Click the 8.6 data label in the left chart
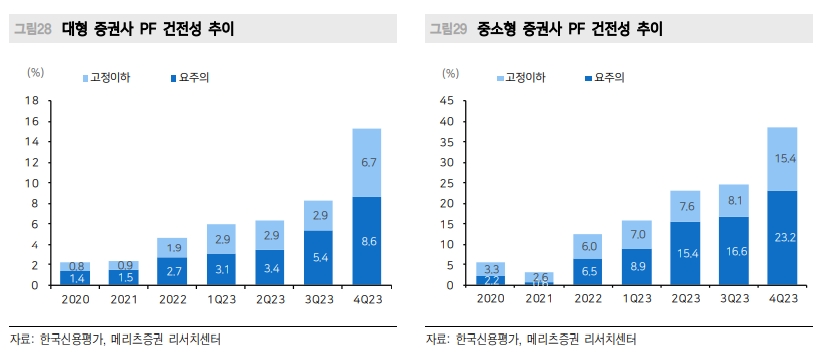click(x=368, y=241)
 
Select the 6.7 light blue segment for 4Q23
click(x=368, y=162)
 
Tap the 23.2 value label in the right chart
click(x=784, y=238)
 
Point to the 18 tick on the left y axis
click(x=31, y=100)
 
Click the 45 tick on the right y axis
click(x=446, y=100)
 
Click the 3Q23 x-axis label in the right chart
click(x=733, y=298)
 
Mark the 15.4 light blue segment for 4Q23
click(x=784, y=158)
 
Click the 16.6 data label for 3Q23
click(x=733, y=251)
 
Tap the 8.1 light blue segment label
click(x=733, y=201)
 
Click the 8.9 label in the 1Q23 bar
click(x=637, y=267)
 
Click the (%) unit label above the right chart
click(x=448, y=72)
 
